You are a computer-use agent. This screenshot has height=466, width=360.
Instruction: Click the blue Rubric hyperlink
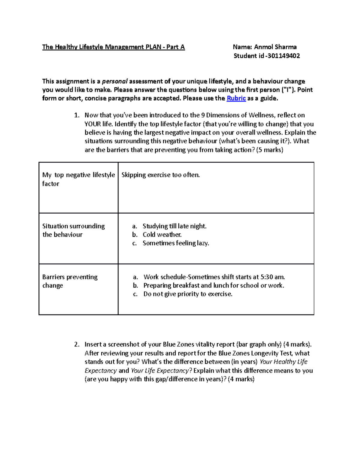click(x=236, y=98)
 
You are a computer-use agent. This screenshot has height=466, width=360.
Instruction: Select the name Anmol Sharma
click(x=275, y=47)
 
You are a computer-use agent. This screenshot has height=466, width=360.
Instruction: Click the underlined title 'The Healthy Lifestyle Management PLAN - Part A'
click(x=113, y=47)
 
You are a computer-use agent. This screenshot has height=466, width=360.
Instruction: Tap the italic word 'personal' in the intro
click(x=115, y=81)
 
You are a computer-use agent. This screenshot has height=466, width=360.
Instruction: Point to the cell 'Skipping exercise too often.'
click(x=160, y=175)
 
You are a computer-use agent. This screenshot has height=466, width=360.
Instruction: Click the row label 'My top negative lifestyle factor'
click(x=78, y=179)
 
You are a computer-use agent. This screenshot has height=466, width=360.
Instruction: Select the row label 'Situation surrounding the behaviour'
click(x=73, y=230)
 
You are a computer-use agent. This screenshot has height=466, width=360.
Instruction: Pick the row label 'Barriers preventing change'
click(x=70, y=281)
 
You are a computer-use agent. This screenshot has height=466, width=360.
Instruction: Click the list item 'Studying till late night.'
click(x=175, y=226)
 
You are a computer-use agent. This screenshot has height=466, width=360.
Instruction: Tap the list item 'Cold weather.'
click(x=162, y=235)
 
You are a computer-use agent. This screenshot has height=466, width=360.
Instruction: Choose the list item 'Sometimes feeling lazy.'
click(x=176, y=243)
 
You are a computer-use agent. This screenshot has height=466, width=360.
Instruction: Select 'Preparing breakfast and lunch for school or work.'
click(x=214, y=285)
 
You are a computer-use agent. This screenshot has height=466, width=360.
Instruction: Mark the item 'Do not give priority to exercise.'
click(x=188, y=294)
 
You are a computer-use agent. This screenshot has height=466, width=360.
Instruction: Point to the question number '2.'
click(x=77, y=344)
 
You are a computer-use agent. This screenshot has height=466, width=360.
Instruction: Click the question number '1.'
click(x=77, y=115)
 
